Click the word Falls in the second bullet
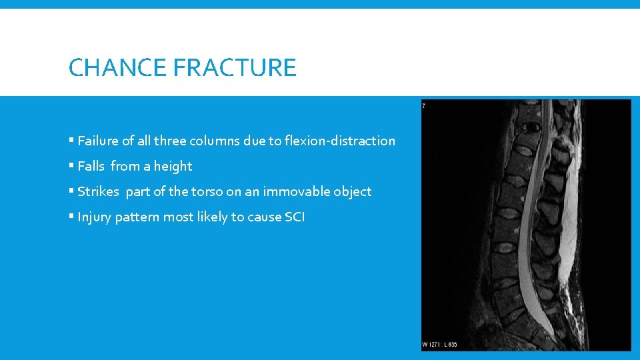pos(91,166)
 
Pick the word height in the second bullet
pos(173,166)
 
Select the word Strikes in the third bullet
pos(98,191)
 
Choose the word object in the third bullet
pos(353,191)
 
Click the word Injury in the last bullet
pos(94,217)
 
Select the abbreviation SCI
pos(295,217)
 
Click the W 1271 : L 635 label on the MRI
pos(439,345)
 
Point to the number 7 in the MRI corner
pos(424,105)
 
